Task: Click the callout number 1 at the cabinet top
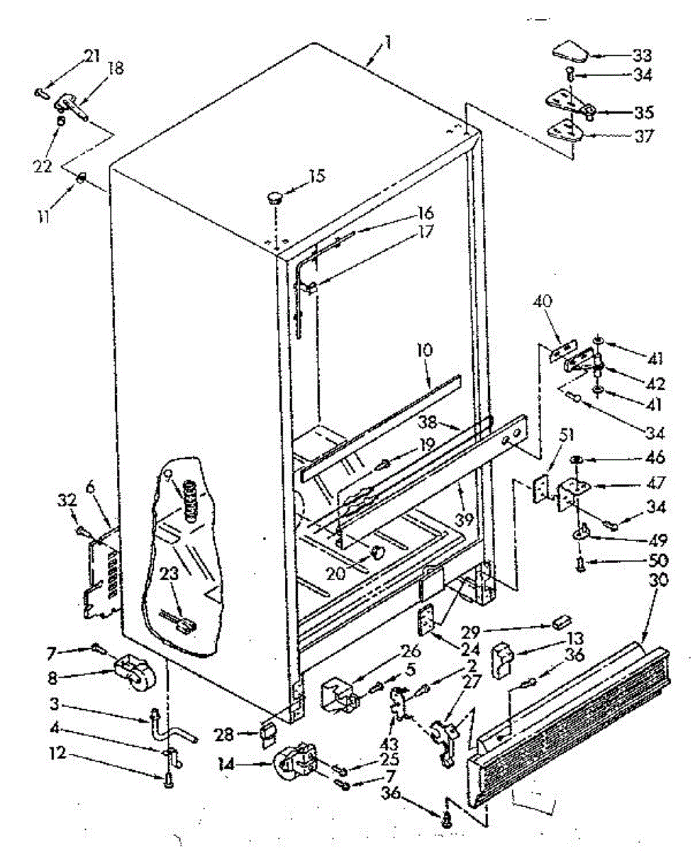389,48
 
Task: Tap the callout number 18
114,68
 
